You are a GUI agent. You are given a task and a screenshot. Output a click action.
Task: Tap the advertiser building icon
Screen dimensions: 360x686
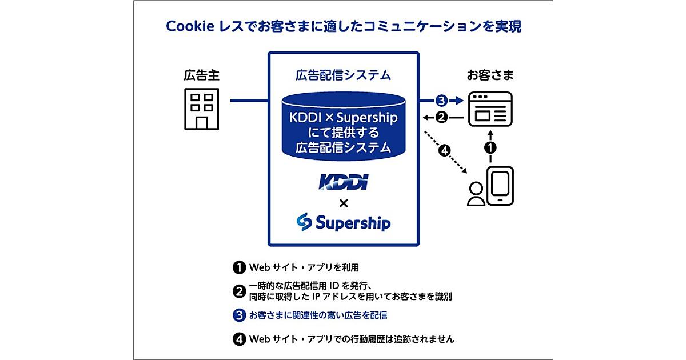pos(201,110)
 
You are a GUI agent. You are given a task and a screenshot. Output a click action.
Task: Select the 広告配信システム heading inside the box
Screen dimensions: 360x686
pos(344,75)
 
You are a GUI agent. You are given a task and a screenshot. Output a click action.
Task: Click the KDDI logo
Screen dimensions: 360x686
pos(343,182)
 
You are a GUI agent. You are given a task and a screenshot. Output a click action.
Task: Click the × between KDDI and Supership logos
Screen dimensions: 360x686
pos(343,202)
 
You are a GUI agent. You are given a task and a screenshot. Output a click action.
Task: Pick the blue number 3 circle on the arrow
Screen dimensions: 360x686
pos(440,101)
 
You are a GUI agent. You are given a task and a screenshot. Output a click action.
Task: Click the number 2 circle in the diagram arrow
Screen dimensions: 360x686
pos(441,118)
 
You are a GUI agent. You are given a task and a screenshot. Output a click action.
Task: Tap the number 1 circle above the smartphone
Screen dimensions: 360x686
pos(490,147)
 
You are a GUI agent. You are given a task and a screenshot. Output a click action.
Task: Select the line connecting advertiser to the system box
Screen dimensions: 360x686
pos(249,101)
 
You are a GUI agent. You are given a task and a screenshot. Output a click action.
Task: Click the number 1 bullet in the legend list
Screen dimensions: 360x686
pos(238,267)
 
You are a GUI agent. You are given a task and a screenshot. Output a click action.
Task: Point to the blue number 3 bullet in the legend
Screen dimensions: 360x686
pos(238,315)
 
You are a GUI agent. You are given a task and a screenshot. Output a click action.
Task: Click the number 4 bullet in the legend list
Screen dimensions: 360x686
pos(238,339)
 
